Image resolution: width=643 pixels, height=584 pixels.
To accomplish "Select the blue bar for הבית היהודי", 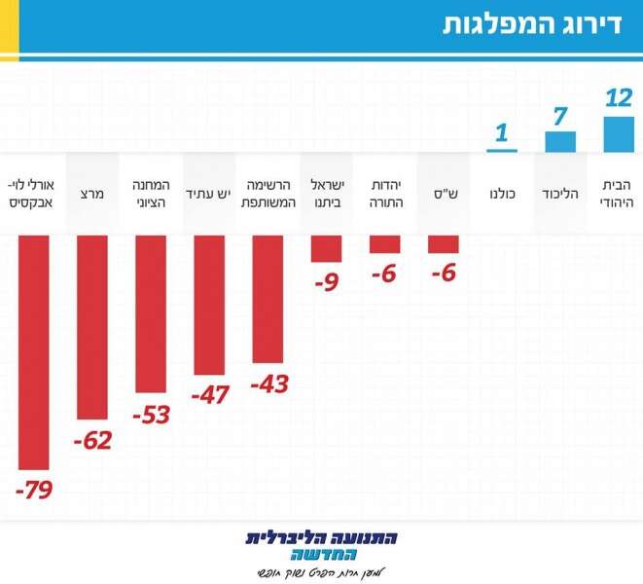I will point(619,135).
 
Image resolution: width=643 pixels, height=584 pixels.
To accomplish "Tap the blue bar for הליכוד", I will point(560,143).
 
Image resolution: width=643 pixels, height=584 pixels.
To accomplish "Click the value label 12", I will point(619,98).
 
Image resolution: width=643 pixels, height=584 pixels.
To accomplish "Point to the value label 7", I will point(559,117).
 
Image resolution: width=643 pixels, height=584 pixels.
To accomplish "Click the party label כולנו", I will point(502,194).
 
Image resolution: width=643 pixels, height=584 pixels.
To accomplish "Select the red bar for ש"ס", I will point(444,244).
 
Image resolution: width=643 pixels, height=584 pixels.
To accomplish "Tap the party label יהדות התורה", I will point(385,194).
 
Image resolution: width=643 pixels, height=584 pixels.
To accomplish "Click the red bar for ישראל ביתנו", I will point(327,249).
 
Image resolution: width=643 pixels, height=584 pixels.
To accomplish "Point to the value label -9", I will point(327,284).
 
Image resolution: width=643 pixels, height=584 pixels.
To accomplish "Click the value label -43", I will point(269,383).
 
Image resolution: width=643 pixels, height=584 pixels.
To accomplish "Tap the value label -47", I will point(210,395).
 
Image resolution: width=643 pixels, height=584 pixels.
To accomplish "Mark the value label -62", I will point(93,440).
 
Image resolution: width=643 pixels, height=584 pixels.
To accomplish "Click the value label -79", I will point(34,489).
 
